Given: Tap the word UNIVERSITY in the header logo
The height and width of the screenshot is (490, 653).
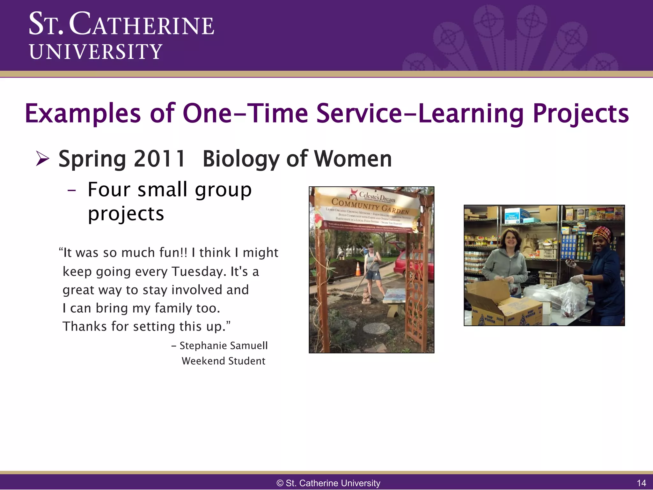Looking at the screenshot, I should coord(96,52).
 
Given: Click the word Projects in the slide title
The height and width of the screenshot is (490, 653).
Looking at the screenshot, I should coord(580,114).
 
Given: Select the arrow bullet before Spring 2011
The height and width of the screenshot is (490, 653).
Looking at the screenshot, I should coord(42,159).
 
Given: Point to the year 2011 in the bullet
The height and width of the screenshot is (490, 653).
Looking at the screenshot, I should coord(159,159).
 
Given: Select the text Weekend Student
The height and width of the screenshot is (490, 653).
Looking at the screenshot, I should coord(223,361).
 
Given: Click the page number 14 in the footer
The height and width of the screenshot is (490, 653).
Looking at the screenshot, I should coord(641,483).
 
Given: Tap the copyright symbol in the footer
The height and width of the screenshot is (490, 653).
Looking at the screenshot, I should coord(280,483).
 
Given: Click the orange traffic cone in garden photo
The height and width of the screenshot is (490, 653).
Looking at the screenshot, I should coord(358,269).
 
